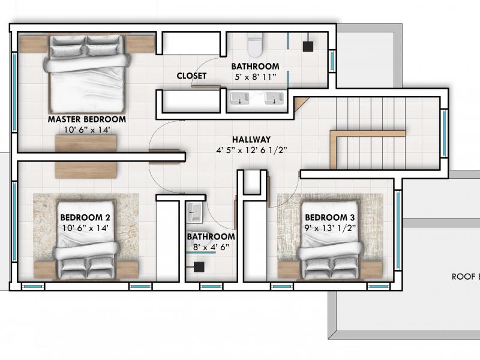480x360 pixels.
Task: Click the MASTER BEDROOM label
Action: (86, 119)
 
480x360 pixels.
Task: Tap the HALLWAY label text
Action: (251, 140)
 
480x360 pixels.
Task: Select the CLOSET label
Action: (191, 76)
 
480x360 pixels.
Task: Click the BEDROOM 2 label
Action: (85, 217)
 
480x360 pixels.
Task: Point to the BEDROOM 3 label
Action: (330, 217)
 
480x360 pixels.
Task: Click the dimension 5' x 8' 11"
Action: (256, 77)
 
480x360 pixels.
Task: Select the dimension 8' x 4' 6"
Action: (211, 247)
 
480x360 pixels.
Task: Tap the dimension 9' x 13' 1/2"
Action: (330, 228)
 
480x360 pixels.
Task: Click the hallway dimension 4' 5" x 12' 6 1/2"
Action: (251, 151)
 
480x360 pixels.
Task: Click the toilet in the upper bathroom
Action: (255, 44)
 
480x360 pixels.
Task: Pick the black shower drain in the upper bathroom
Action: (308, 47)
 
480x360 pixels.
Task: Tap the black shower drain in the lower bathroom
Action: (199, 267)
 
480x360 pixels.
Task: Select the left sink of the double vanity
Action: (239, 98)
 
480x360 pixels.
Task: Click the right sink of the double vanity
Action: (274, 98)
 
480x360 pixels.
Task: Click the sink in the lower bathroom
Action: (194, 212)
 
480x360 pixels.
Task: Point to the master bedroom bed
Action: (86, 74)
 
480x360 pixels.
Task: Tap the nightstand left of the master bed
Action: (34, 44)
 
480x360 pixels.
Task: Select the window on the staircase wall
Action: (444, 133)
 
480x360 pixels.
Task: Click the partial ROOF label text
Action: (466, 277)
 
